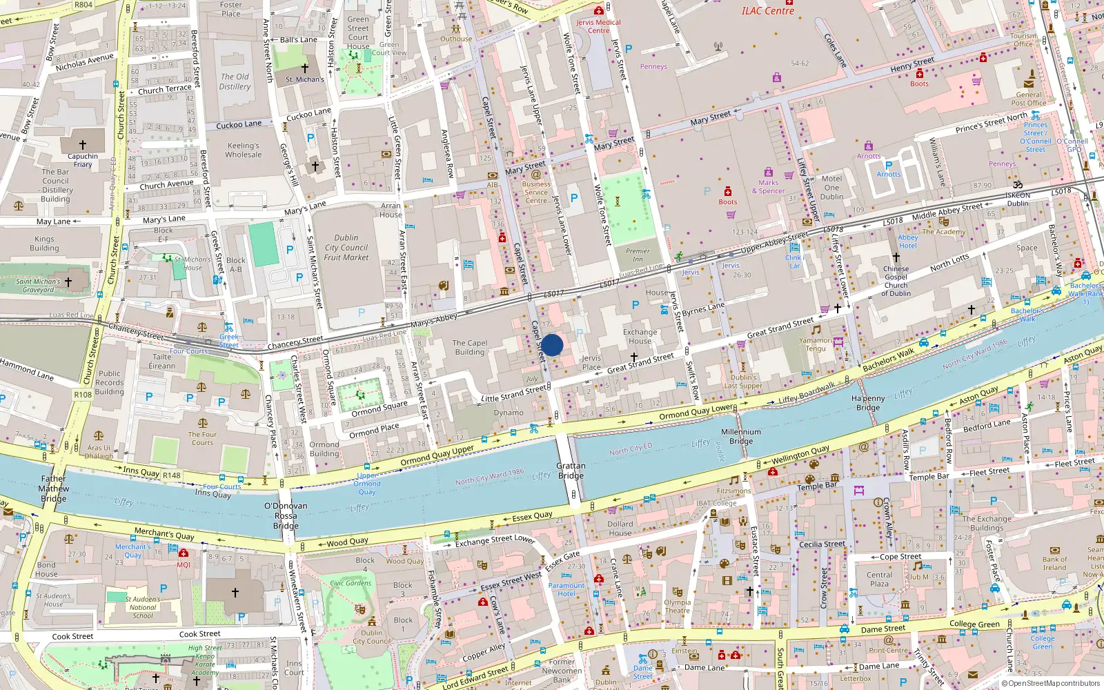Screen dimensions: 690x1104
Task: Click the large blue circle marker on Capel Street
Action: pos(552,345)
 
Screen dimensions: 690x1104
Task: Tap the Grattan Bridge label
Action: pos(571,471)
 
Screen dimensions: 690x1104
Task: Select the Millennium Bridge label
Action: pos(741,436)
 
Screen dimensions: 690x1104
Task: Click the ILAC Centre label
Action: pos(767,11)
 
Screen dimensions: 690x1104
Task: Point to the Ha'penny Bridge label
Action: pos(868,403)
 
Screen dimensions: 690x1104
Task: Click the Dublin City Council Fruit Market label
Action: pos(346,247)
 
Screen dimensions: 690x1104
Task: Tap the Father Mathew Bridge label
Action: pos(54,488)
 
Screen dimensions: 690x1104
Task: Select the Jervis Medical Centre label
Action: pos(598,26)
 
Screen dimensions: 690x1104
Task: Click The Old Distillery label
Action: pos(235,81)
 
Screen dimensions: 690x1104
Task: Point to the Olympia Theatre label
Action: pos(677,606)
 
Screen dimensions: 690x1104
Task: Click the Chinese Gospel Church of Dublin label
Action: pos(896,281)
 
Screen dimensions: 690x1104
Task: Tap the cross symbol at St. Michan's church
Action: pos(304,68)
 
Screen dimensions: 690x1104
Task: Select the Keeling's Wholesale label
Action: pos(244,150)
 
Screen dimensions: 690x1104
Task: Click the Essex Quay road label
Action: pos(532,516)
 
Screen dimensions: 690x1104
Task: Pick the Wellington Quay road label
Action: pos(800,455)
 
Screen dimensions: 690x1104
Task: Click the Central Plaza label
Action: pos(879,579)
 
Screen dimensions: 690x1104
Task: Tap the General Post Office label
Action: pos(1028,99)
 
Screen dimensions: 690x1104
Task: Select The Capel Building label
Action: pos(469,347)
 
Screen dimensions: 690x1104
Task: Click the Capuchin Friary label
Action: pos(83,160)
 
